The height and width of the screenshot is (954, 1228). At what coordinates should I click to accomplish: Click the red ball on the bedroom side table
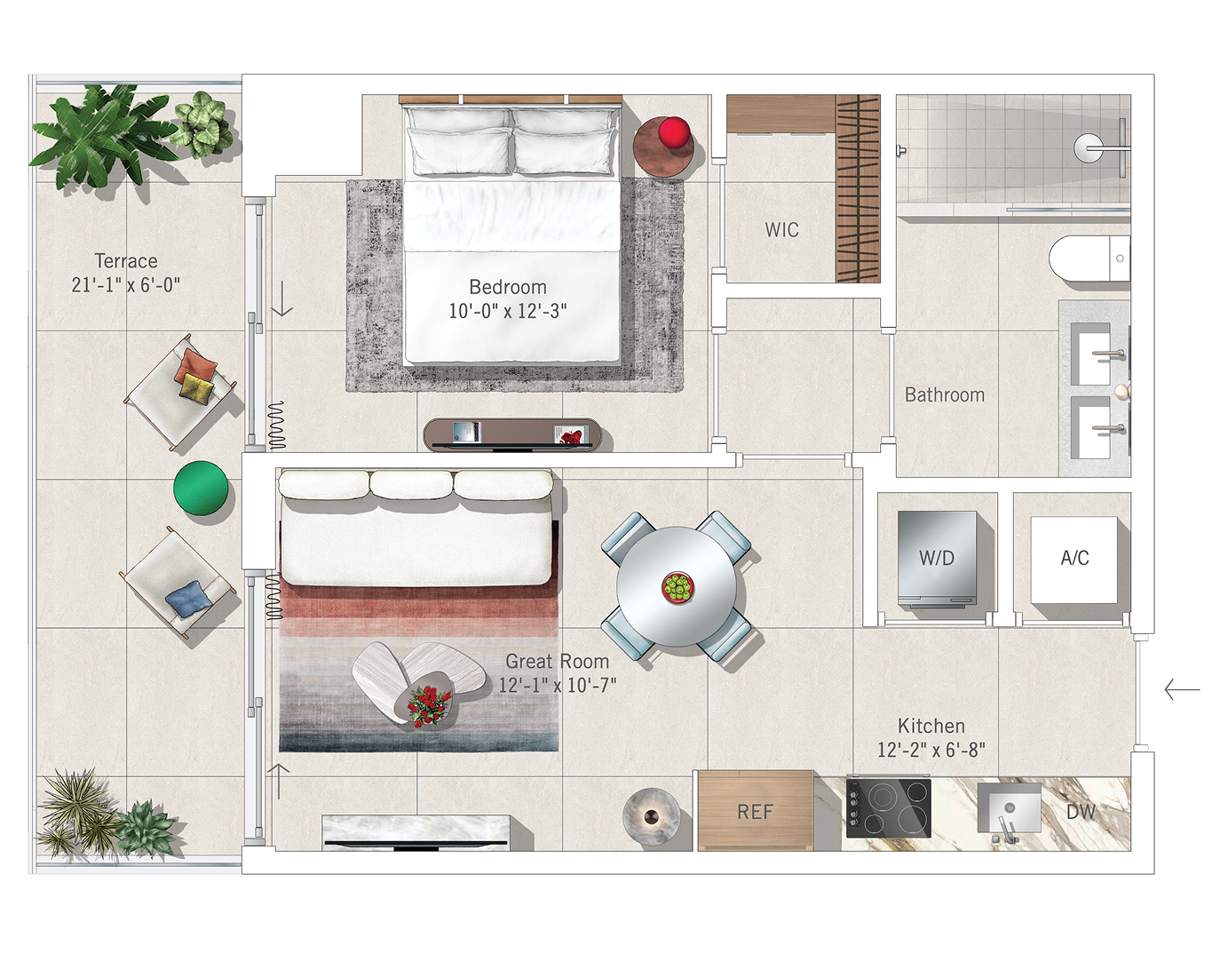[674, 131]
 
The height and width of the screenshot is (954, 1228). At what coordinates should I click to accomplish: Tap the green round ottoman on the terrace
[201, 489]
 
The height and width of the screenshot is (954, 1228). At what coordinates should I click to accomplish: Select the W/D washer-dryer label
[937, 558]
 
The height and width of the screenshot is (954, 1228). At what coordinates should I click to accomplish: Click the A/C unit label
[1074, 558]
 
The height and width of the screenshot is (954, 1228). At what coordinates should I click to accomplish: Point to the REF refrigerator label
[755, 812]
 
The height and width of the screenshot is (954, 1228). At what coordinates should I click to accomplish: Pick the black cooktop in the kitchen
[888, 808]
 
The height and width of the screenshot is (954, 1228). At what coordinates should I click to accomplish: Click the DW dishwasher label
[1081, 812]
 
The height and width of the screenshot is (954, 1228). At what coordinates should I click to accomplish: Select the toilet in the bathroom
[1089, 258]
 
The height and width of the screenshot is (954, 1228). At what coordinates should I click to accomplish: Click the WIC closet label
[781, 230]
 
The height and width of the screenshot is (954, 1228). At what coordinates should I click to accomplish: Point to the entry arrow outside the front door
[1182, 689]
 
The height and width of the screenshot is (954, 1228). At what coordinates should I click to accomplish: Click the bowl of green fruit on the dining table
[677, 588]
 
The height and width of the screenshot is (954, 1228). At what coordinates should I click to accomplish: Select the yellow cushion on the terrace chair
[196, 387]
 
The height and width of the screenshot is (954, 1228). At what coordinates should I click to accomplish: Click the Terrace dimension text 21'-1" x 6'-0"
[125, 285]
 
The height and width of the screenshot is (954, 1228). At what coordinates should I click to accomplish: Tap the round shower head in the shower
[1088, 148]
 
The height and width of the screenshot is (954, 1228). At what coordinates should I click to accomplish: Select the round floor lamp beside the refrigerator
[652, 816]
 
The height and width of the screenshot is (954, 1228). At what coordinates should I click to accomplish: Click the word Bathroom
[945, 394]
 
